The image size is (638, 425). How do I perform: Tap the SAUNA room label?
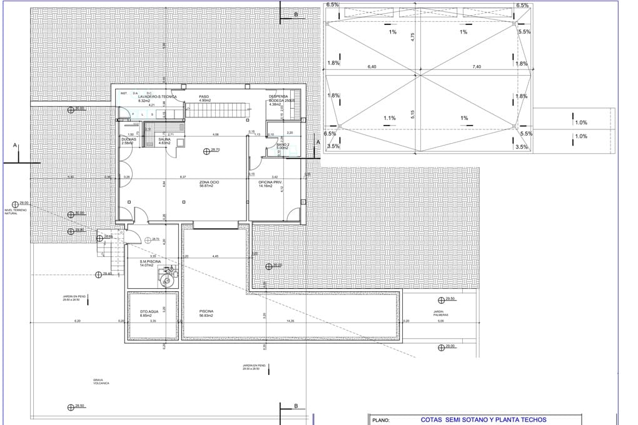click(x=165, y=142)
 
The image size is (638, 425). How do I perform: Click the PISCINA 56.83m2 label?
click(x=206, y=314)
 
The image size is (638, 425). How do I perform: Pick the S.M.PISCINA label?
click(x=150, y=264)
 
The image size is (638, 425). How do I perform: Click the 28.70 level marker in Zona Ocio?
click(x=206, y=150)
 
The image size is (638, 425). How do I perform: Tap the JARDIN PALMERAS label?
click(x=438, y=313)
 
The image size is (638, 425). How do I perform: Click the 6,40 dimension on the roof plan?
click(x=372, y=66)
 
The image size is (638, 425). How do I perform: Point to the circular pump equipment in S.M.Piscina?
click(x=167, y=281)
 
